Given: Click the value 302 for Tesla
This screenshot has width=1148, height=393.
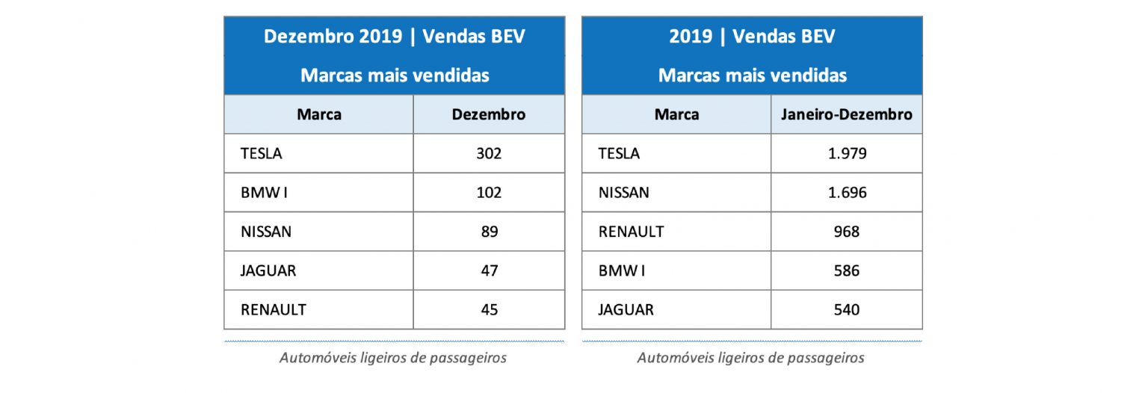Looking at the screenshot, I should (x=489, y=154).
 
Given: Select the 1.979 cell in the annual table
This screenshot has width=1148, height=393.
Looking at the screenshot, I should (x=846, y=154).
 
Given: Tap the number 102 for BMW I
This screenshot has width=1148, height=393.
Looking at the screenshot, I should (x=489, y=193).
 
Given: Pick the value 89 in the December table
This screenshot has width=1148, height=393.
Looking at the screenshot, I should (x=489, y=232).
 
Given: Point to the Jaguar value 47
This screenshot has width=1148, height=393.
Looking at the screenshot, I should (x=489, y=270).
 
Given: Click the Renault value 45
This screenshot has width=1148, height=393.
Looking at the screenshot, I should (x=489, y=309).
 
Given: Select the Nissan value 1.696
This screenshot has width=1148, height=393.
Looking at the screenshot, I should (x=846, y=193).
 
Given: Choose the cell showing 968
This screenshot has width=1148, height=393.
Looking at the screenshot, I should (x=846, y=232).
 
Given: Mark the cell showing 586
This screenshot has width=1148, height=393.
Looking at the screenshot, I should (x=846, y=270).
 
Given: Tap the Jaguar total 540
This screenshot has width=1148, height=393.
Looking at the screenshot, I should (x=846, y=309).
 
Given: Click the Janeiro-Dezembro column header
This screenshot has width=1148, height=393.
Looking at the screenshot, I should (x=846, y=114).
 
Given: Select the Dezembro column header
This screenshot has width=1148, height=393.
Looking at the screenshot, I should (x=489, y=114).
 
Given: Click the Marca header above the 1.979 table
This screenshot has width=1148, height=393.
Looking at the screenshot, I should (x=676, y=114).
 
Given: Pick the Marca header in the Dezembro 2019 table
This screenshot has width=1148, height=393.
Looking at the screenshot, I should (x=319, y=114).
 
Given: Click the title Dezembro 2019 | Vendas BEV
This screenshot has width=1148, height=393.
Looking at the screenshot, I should (x=394, y=37).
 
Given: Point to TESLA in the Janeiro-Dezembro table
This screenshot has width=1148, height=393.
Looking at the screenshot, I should (x=619, y=154).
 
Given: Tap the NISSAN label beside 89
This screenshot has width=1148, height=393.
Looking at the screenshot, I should (x=266, y=232).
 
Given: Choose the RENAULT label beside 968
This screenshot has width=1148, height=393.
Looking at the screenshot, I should (x=631, y=232).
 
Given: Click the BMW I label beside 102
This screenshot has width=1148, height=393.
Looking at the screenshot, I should (x=264, y=193).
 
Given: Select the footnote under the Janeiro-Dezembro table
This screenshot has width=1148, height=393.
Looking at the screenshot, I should (x=750, y=358).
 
